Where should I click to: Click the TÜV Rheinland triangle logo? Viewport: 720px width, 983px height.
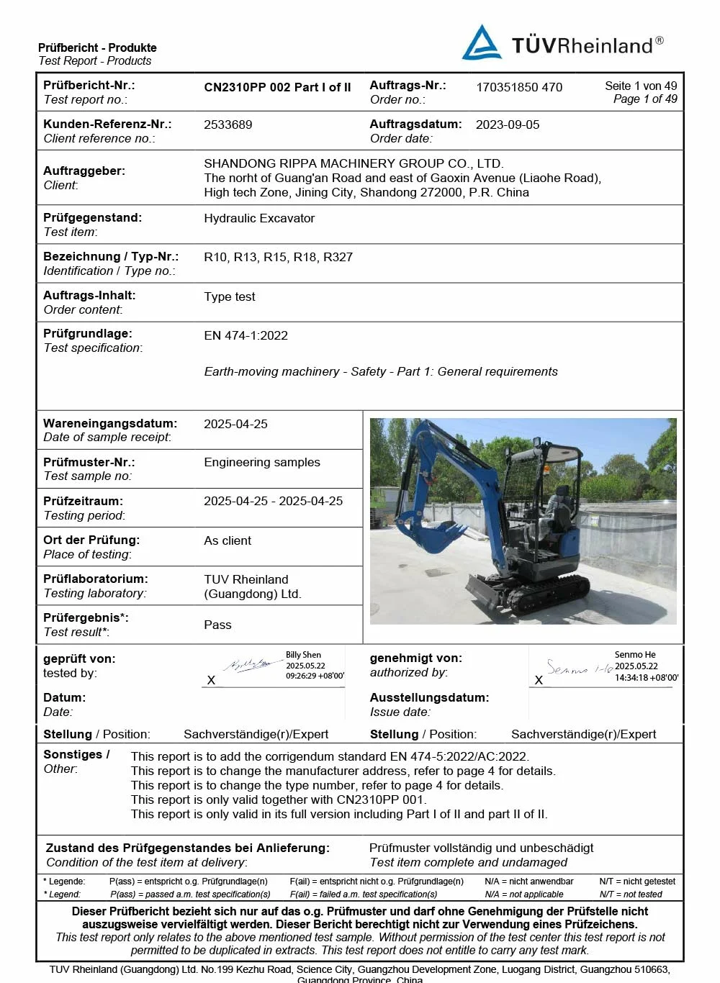(482, 43)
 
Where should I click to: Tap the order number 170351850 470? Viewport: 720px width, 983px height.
(519, 87)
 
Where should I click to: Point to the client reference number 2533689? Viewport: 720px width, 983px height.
(228, 124)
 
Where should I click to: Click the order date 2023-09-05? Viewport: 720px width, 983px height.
(508, 124)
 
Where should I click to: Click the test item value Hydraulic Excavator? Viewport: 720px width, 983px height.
(259, 218)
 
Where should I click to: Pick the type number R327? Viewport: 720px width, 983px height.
(338, 257)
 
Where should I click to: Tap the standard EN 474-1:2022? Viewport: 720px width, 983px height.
(246, 335)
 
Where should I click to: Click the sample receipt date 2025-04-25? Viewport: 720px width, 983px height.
(235, 424)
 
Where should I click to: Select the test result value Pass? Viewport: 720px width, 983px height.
(217, 625)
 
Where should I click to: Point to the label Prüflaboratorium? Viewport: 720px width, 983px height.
(95, 579)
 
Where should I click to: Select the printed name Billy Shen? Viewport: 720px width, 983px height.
(303, 655)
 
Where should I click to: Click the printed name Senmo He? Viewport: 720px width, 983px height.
(635, 655)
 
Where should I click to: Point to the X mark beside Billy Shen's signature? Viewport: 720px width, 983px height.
(211, 680)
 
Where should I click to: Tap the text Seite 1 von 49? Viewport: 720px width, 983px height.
(641, 86)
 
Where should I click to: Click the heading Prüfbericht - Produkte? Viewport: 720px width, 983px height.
(97, 47)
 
